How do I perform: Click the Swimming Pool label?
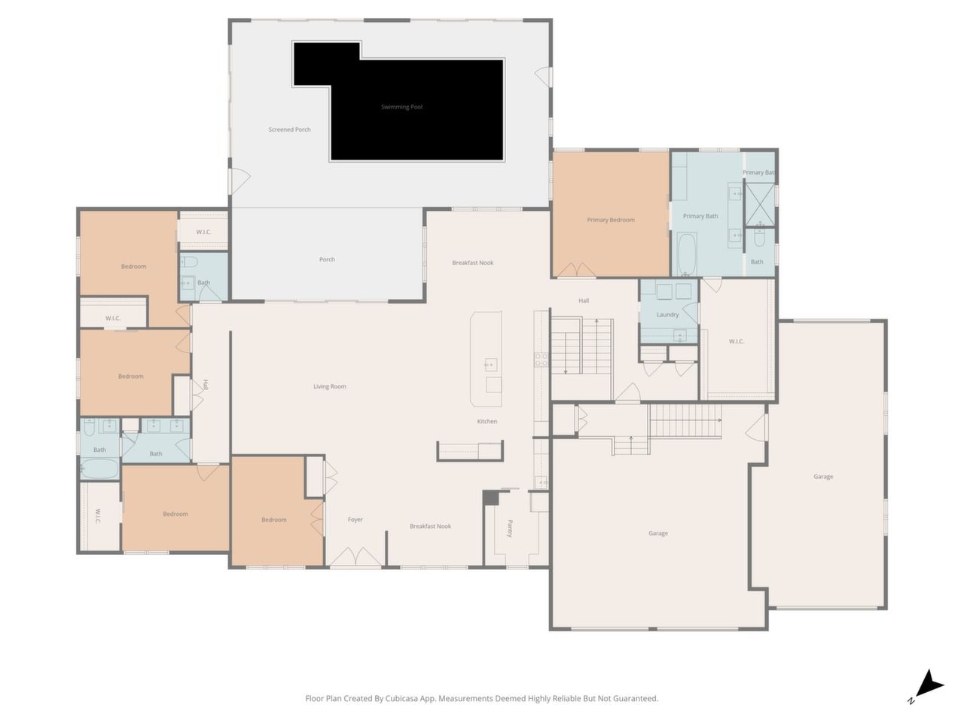[x=401, y=107]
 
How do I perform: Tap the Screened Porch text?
[x=289, y=130]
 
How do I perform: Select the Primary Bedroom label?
[x=611, y=220]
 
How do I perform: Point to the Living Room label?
[x=329, y=387]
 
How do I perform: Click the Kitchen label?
[x=487, y=422]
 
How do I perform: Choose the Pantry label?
[x=510, y=529]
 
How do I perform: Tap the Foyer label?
[x=355, y=520]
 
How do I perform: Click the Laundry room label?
[x=667, y=315]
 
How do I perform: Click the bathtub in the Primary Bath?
[x=687, y=254]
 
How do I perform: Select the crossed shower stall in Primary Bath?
[x=760, y=205]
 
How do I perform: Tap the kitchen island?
[x=487, y=359]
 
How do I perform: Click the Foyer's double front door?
[x=355, y=557]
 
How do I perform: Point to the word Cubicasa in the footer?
[x=401, y=698]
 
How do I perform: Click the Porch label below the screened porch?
[x=327, y=259]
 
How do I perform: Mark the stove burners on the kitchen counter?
[x=541, y=360]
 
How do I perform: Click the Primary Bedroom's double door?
[x=576, y=270]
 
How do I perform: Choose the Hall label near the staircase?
[x=583, y=300]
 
